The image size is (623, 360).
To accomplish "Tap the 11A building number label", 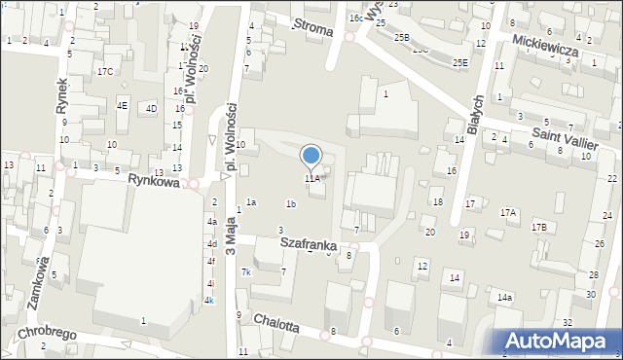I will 311,179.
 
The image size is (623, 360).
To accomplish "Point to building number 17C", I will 104,71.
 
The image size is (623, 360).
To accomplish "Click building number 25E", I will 459,62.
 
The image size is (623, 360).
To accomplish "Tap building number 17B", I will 538,226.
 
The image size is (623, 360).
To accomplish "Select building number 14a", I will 504,297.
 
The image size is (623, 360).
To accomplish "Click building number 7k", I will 247,272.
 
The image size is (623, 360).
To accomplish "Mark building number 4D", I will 151,108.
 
